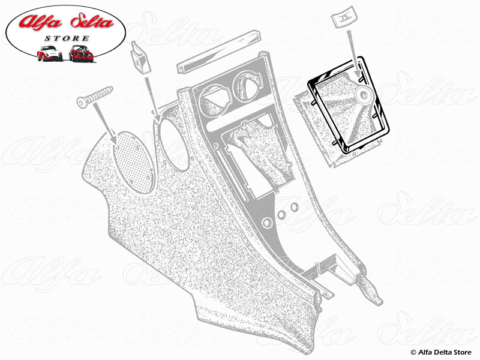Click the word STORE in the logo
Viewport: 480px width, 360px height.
[67, 38]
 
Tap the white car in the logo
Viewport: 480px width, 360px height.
[50, 53]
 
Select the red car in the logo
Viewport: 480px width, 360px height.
[81, 53]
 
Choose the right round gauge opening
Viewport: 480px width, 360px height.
[248, 83]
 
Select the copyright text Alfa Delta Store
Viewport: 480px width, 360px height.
[441, 352]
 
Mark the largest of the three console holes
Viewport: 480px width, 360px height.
[267, 223]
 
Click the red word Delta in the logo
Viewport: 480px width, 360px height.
[92, 22]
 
